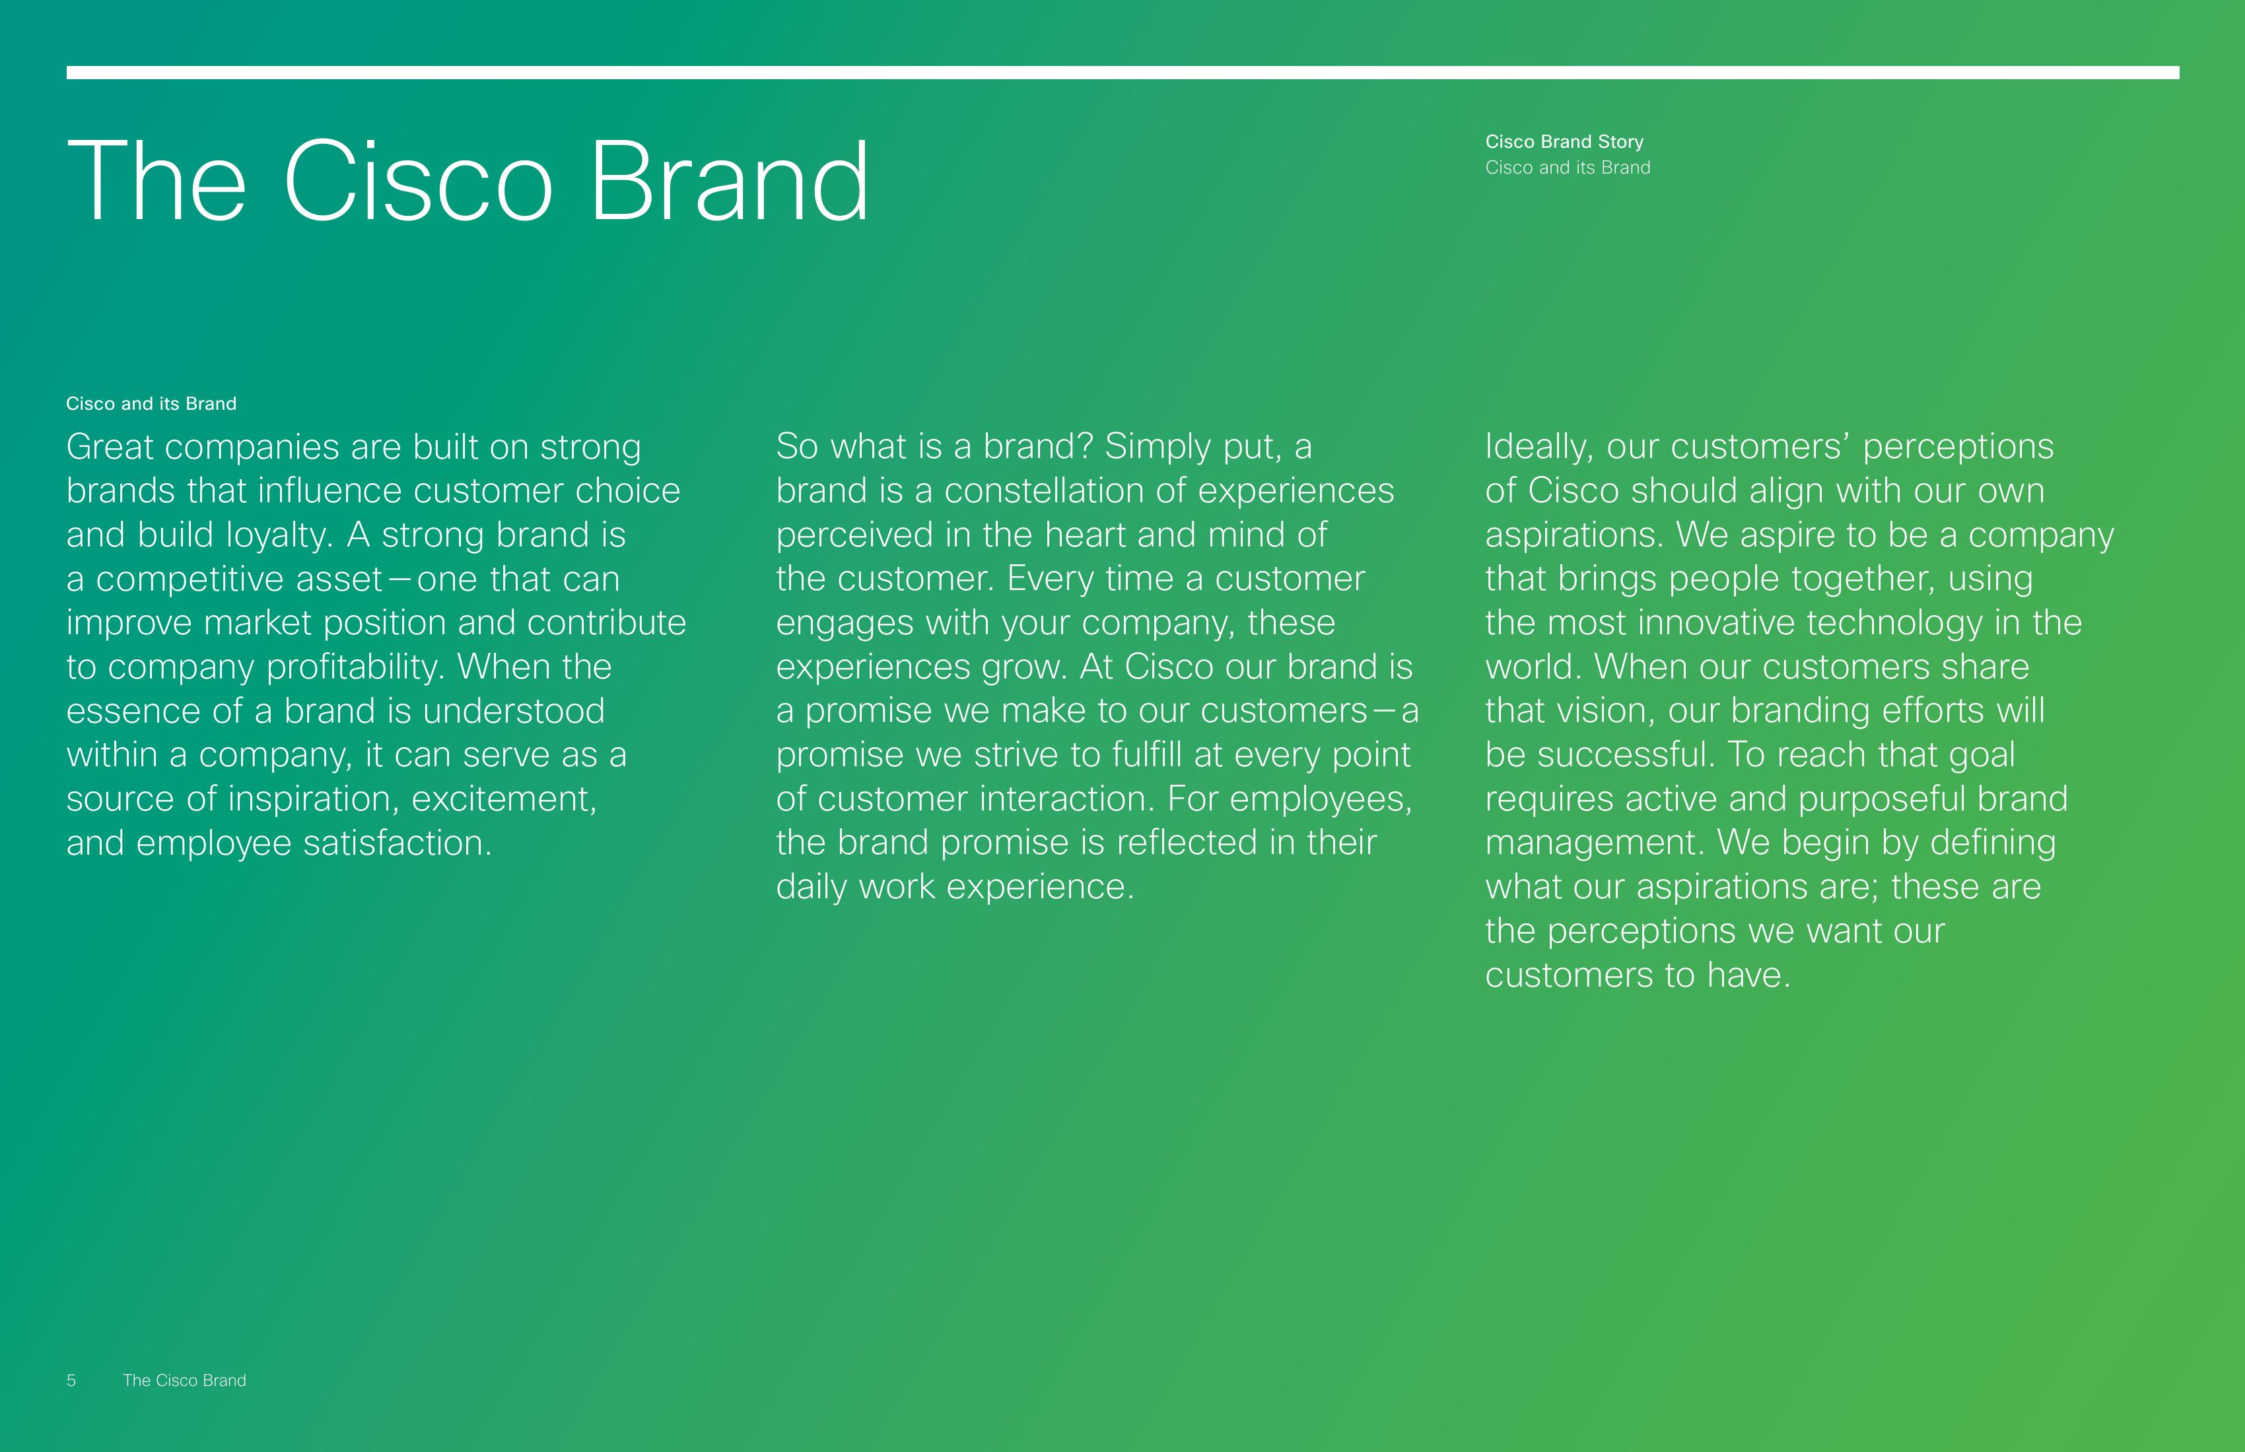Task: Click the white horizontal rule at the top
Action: point(1122,73)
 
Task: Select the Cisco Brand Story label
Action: point(1564,141)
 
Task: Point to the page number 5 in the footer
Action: point(71,1380)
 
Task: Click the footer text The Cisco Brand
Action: point(184,1380)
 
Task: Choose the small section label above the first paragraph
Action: point(151,403)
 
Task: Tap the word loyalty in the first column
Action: point(279,535)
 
